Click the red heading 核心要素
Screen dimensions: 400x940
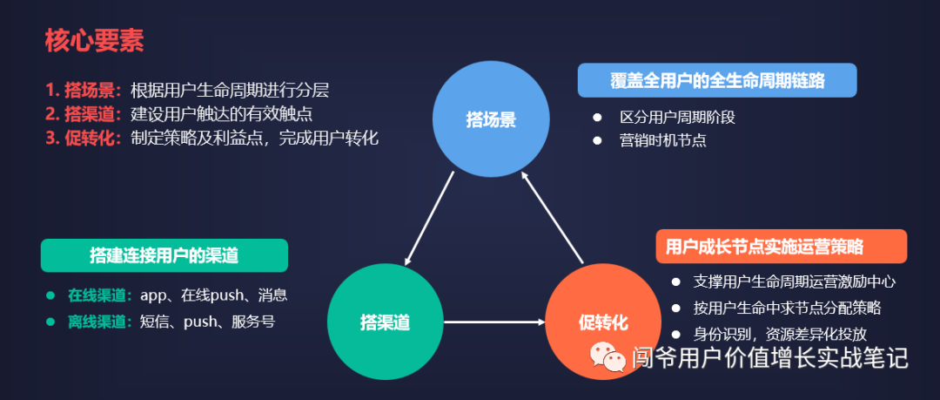95,39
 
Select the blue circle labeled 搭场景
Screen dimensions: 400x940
492,119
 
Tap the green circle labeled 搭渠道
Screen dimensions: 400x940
385,322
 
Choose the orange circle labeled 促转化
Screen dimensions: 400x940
602,322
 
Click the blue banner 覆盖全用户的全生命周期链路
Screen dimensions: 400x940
717,81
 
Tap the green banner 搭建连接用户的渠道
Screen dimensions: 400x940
164,255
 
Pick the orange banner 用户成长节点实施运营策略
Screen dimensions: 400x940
781,247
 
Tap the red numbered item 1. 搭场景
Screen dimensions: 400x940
84,90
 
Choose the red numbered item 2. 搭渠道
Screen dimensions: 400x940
84,113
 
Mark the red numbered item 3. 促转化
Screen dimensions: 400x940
84,138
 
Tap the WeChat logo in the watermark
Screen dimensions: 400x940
608,356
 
